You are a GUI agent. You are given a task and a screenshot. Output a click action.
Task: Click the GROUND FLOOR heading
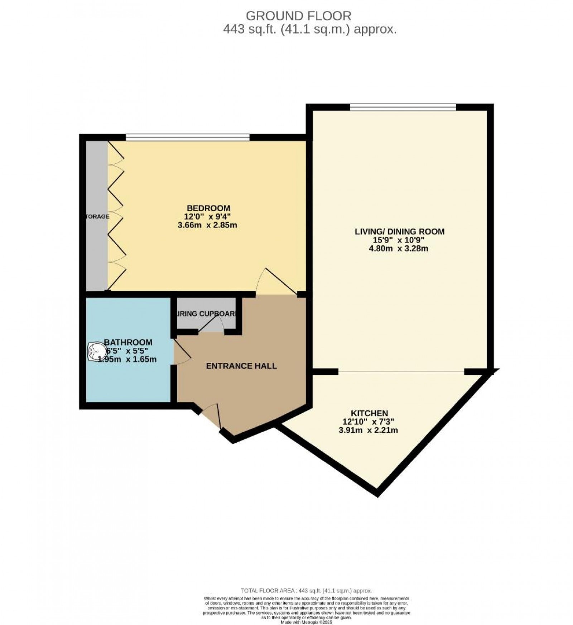[x=298, y=15]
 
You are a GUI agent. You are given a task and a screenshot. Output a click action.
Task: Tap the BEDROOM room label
[x=208, y=208]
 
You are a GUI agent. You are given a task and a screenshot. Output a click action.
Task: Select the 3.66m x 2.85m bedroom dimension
[x=207, y=225]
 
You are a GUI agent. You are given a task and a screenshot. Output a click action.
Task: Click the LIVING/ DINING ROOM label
[x=399, y=231]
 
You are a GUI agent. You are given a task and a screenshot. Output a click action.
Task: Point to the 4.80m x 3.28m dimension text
[x=399, y=249]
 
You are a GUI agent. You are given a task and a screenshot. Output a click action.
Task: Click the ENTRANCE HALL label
[x=241, y=366]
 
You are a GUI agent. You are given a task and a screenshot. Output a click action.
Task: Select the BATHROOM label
[x=128, y=342]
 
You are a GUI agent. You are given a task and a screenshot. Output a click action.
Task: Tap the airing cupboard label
[x=206, y=314]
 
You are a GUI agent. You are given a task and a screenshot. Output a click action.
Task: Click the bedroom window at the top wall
[x=187, y=136]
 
